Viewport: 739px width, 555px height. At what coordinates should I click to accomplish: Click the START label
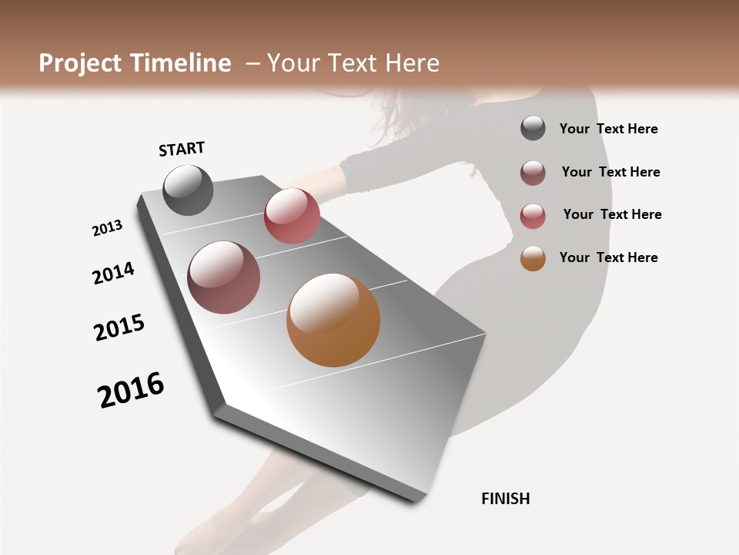182,149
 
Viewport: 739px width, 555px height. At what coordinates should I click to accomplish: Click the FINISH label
506,499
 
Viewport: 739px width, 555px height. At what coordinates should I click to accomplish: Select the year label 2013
108,227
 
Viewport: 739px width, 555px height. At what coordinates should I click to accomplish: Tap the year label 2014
114,273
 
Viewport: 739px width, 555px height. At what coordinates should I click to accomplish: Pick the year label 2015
119,328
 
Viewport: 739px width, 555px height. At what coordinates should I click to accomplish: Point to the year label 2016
131,390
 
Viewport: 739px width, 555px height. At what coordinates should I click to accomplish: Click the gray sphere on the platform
188,190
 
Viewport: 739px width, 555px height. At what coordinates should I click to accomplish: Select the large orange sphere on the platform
333,320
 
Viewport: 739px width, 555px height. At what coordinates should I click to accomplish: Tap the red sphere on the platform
292,216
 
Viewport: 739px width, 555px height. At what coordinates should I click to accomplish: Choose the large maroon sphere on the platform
224,277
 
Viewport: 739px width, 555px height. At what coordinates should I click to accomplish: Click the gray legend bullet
533,128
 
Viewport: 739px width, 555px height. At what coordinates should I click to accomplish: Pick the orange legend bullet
533,258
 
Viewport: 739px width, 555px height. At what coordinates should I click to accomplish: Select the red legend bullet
533,216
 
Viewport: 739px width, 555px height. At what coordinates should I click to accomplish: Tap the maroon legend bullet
533,173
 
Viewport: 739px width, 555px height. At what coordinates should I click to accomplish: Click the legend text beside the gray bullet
608,129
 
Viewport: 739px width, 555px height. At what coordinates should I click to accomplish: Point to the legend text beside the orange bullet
608,257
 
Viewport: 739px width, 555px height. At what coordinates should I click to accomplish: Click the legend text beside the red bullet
612,214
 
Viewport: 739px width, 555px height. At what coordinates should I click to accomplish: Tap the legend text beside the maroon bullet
610,172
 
